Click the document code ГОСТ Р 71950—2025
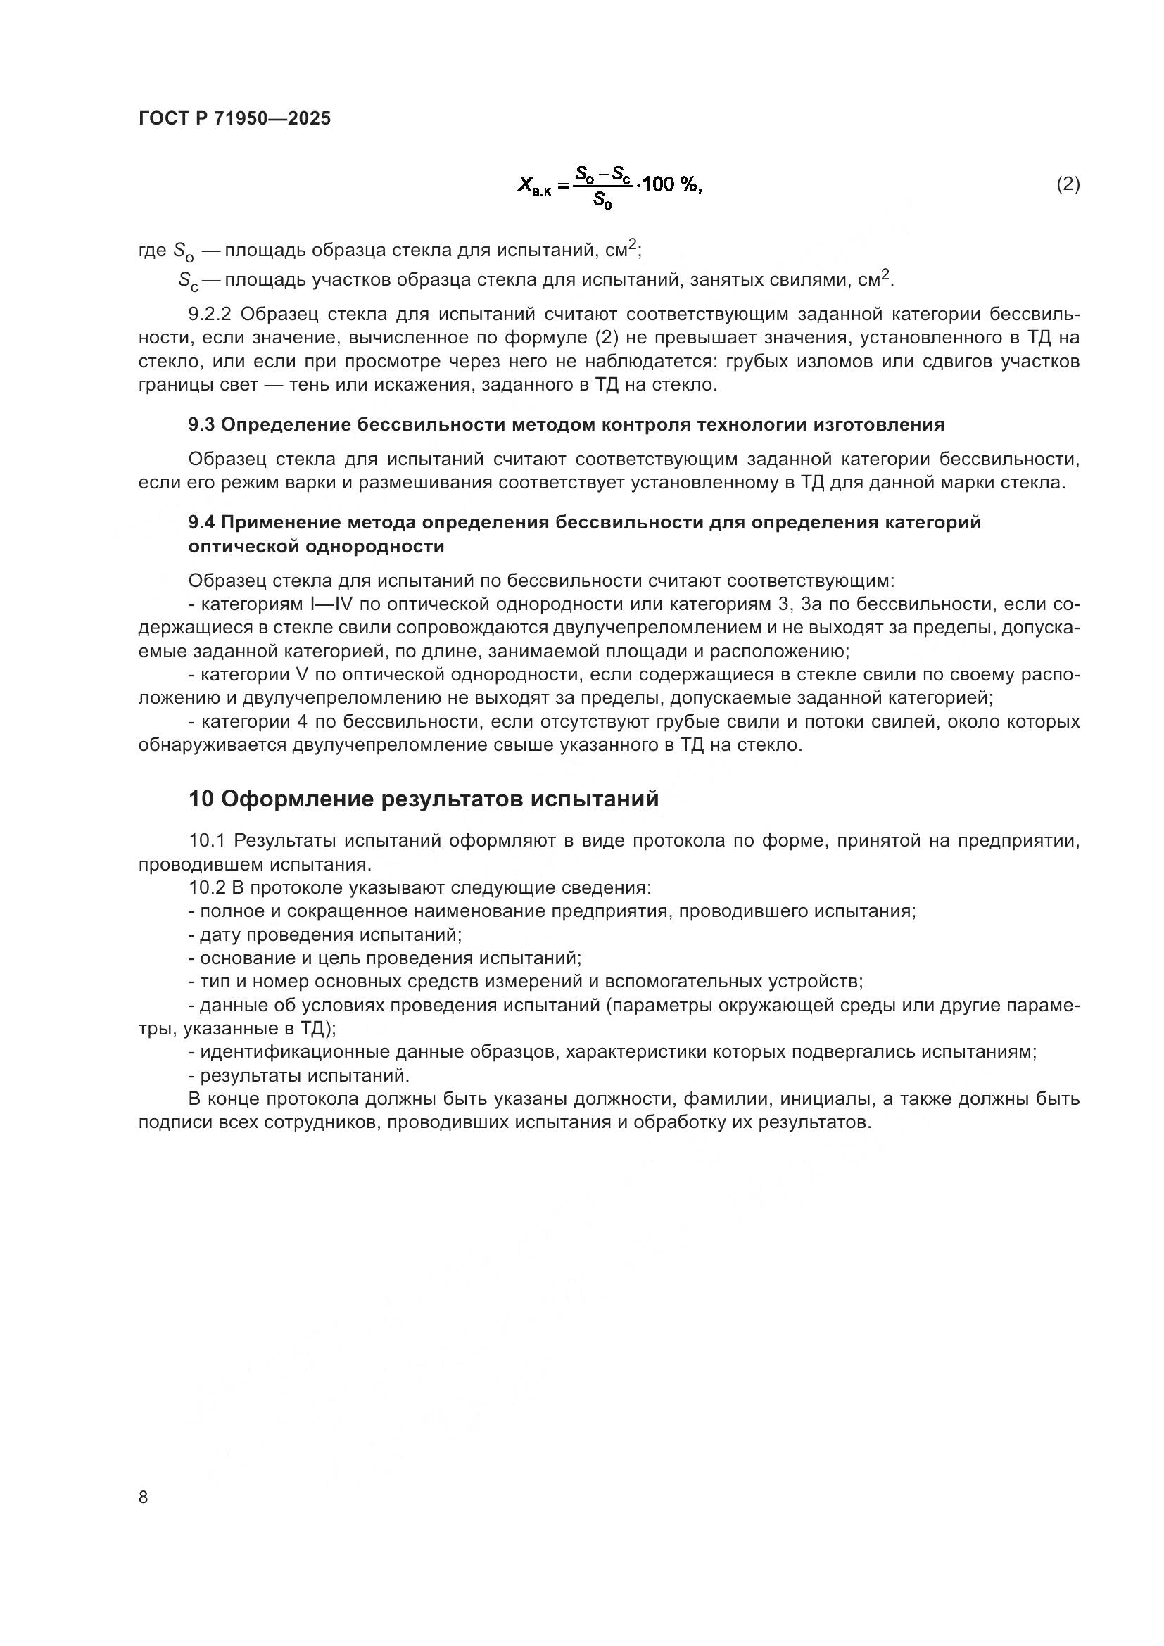click(x=234, y=119)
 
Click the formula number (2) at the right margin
click(x=1068, y=185)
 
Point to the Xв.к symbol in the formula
click(x=534, y=186)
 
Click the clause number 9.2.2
click(x=209, y=315)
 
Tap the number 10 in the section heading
click(x=201, y=799)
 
